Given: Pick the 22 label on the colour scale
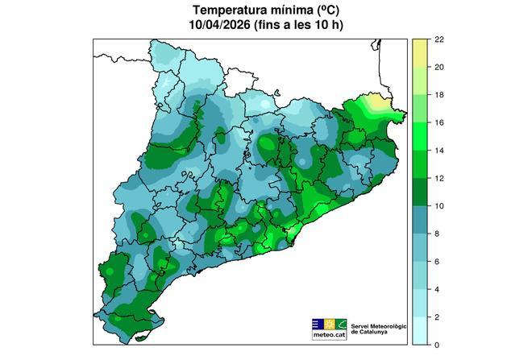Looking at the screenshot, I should point(439,39).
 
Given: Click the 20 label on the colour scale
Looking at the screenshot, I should point(439,67).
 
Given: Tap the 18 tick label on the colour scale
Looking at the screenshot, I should point(439,95).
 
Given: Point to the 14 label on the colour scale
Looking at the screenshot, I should point(439,151).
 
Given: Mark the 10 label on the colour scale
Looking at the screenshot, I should point(439,206).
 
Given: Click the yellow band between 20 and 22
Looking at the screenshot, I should point(420,53).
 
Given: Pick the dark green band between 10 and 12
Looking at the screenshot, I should point(420,192).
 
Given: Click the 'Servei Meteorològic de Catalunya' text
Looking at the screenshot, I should point(379,329).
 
